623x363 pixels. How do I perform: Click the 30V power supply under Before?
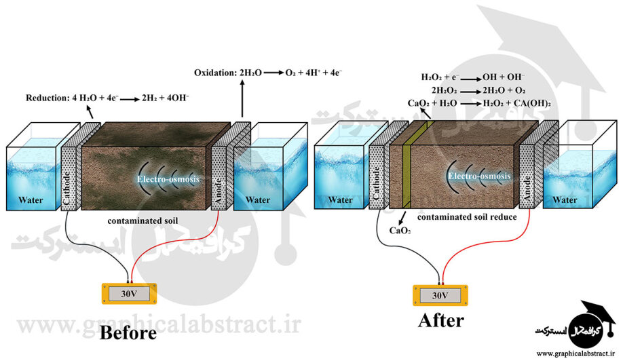click(129, 294)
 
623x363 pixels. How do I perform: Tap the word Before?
click(128, 332)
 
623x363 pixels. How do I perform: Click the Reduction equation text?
click(107, 98)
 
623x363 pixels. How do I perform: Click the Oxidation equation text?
click(267, 73)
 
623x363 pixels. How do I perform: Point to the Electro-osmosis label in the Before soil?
click(166, 180)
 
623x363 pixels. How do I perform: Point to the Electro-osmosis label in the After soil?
click(478, 176)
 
